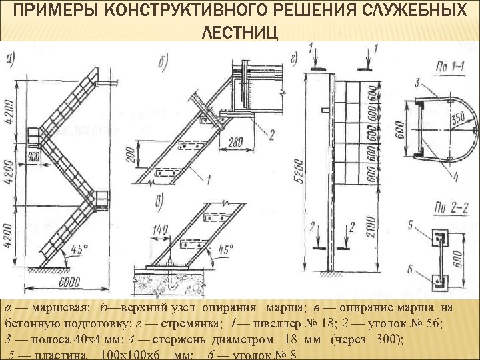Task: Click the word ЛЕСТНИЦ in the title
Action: click(239, 33)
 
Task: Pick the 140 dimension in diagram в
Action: click(159, 229)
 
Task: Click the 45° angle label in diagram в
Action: click(226, 250)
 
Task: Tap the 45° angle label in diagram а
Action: click(79, 250)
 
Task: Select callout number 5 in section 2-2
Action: click(411, 225)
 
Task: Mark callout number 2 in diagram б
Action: click(271, 133)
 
